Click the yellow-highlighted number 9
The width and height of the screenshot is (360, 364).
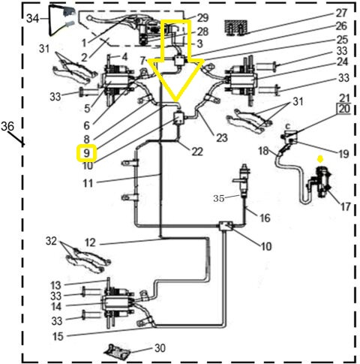87,153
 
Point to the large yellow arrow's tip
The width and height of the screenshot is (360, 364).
178,101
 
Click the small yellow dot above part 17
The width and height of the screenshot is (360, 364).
319,159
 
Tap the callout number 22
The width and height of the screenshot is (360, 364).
196,152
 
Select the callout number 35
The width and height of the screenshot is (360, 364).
218,199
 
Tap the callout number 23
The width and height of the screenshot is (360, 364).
222,137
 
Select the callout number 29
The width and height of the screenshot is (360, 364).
203,17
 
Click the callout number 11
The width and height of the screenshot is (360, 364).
88,182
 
